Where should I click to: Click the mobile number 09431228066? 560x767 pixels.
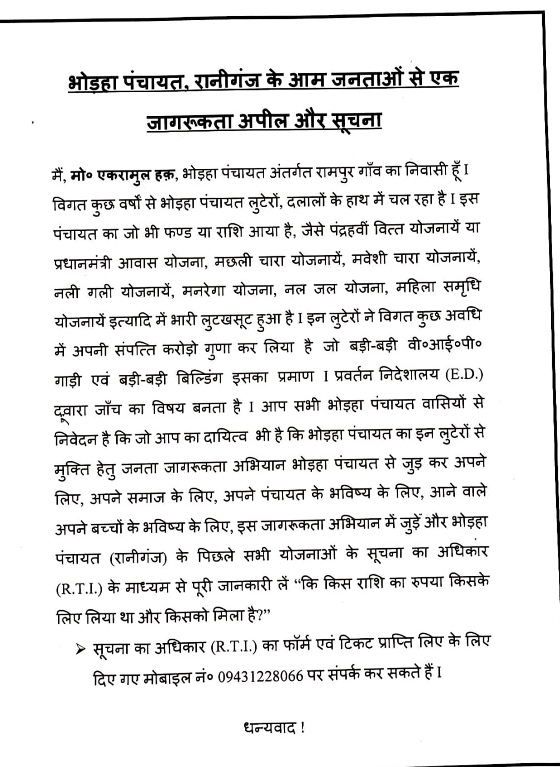coord(260,676)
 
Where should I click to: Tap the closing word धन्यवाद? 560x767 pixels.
coord(269,728)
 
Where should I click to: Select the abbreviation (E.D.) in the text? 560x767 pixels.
coord(464,375)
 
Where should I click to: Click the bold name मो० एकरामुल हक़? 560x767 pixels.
coord(123,174)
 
